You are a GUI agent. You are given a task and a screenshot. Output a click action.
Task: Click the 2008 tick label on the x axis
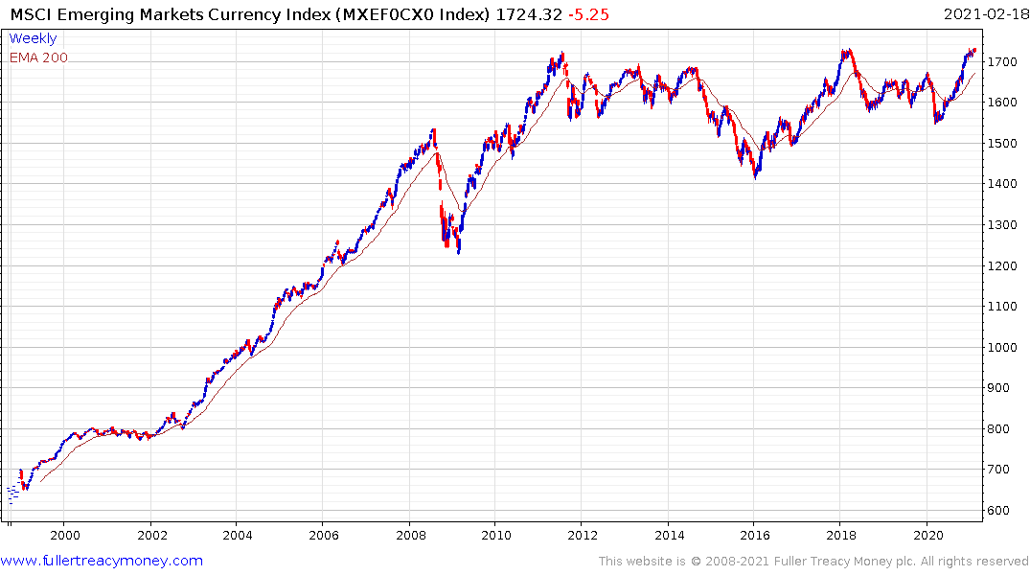tap(410, 535)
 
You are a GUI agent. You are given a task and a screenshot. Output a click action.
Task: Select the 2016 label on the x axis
tap(755, 535)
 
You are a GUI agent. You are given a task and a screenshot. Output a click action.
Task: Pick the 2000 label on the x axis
tap(64, 535)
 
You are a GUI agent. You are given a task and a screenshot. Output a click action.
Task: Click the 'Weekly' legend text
tap(33, 39)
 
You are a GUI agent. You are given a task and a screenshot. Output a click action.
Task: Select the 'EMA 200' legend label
tap(38, 57)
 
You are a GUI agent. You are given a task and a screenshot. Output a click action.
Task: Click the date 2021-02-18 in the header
tap(983, 13)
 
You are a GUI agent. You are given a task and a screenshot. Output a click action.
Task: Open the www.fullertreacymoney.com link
tap(103, 561)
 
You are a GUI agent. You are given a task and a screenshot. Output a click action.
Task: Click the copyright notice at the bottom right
tap(813, 562)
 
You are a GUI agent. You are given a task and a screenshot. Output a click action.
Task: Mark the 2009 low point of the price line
tap(459, 253)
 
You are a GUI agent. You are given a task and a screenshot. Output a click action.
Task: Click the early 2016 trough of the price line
tap(755, 178)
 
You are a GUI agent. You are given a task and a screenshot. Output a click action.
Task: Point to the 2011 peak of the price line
tap(562, 54)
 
